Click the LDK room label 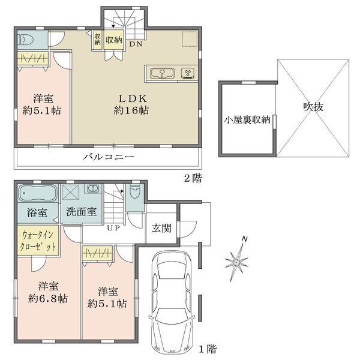click(133, 98)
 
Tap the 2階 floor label click(193, 178)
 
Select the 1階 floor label click(208, 349)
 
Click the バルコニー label click(109, 157)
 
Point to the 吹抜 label click(313, 107)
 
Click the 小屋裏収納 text click(247, 120)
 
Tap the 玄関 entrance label click(161, 228)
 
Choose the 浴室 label click(37, 212)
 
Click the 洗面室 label click(81, 211)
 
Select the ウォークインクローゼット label click(38, 241)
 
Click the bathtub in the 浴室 click(38, 193)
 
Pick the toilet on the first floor click(134, 191)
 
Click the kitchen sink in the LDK click(163, 73)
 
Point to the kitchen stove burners click(188, 73)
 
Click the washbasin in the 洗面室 click(93, 188)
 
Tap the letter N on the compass click(245, 239)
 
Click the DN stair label click(136, 44)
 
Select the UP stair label click(113, 228)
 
